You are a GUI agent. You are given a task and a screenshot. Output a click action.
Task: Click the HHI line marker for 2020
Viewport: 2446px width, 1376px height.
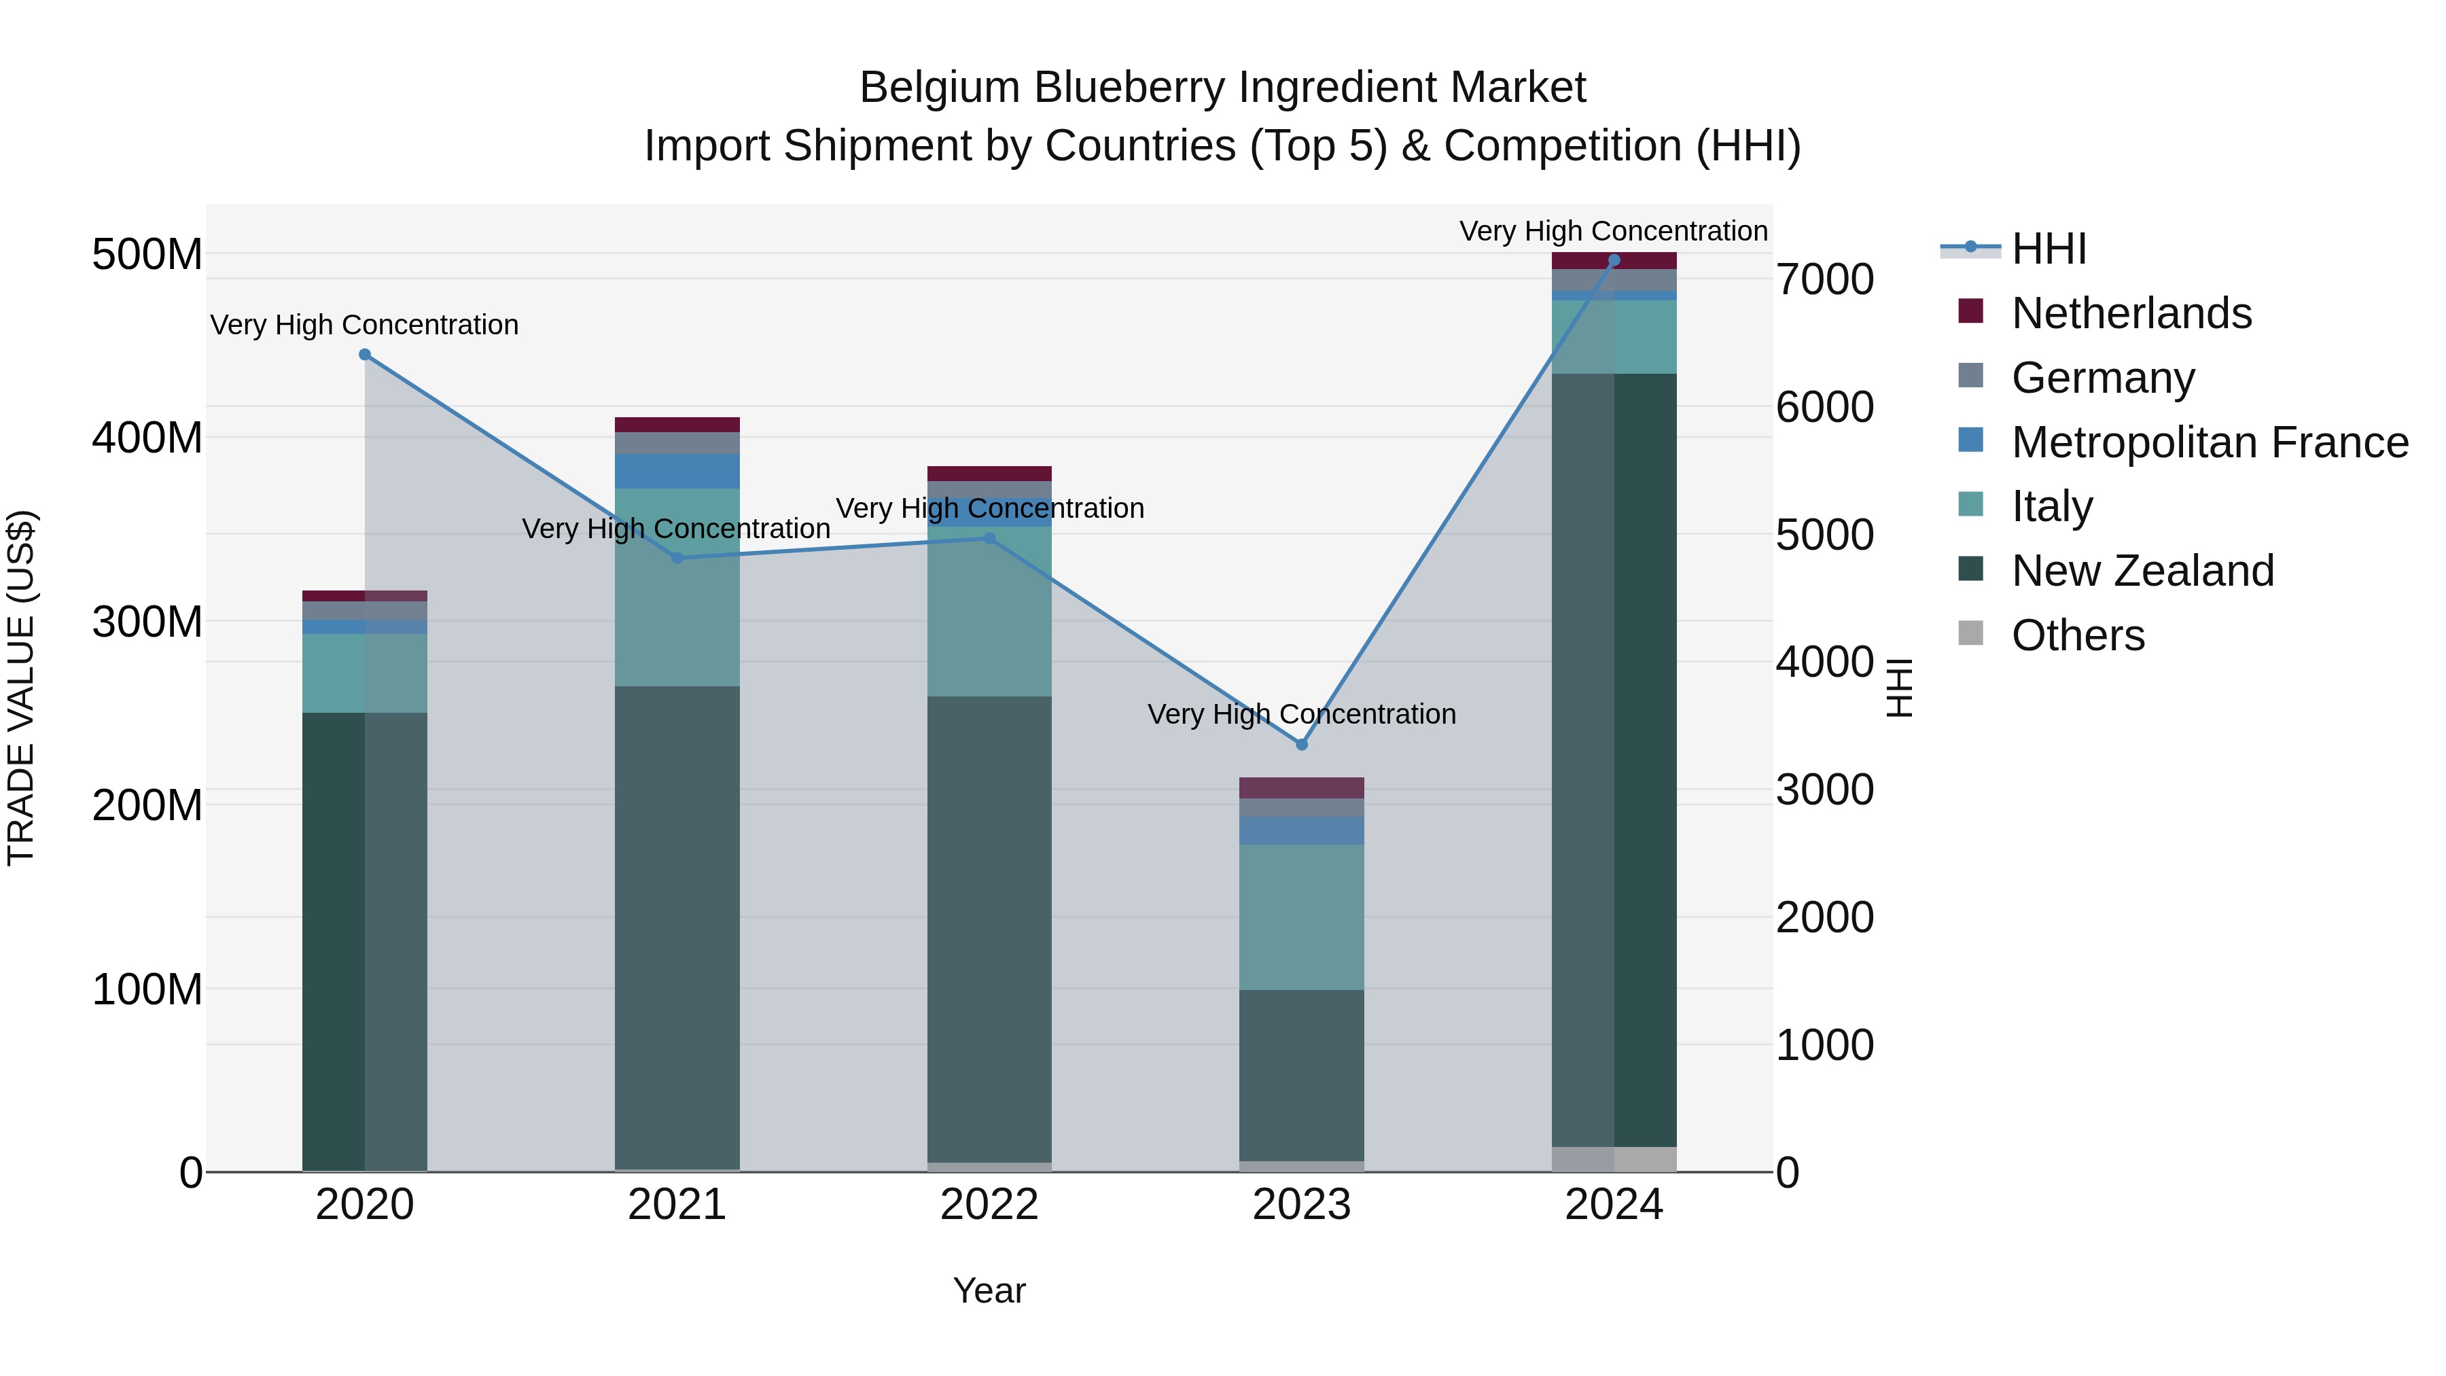coord(365,354)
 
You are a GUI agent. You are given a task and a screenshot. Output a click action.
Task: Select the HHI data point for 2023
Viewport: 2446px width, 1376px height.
coord(1302,745)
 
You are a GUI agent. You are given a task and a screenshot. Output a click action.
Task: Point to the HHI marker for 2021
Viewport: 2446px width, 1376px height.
coord(677,557)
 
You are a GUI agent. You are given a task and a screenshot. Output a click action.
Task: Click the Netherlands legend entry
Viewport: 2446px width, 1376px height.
coord(2131,313)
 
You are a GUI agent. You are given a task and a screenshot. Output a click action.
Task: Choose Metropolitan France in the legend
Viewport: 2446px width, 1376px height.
coord(2210,442)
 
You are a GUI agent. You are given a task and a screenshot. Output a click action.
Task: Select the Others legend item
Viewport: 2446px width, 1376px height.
coord(2078,635)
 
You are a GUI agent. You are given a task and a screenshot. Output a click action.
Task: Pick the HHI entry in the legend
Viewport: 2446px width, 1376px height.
coord(2048,249)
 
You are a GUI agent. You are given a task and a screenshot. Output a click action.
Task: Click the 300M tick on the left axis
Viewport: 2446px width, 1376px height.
coord(147,622)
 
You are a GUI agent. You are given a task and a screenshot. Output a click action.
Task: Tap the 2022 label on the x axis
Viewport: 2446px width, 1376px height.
coord(989,1205)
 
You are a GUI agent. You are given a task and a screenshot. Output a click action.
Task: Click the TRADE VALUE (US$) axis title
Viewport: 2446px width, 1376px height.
coord(21,688)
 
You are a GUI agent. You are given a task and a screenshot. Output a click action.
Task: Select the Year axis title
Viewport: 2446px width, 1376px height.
coord(989,1290)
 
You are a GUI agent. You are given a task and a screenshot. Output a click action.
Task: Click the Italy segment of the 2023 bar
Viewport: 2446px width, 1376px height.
coord(1302,917)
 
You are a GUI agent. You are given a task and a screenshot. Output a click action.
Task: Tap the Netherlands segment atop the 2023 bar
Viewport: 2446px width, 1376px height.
coord(1302,788)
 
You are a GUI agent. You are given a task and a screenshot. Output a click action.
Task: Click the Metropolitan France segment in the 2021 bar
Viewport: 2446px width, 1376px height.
coord(677,471)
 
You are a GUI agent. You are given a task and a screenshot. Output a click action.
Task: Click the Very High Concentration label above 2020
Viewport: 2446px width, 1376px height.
coord(365,325)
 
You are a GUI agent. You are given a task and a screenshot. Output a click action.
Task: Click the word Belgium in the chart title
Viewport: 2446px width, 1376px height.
coord(940,88)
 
